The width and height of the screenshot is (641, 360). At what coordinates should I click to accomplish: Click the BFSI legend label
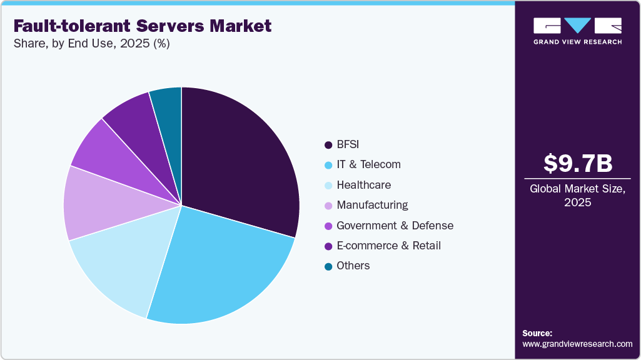pyautogui.click(x=349, y=145)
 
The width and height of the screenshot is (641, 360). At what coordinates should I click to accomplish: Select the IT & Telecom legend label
pyautogui.click(x=368, y=165)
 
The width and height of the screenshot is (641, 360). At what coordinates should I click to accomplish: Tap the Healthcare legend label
pyautogui.click(x=363, y=185)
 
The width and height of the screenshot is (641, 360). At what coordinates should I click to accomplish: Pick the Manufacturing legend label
pyautogui.click(x=372, y=205)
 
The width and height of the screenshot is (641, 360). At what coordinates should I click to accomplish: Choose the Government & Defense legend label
pyautogui.click(x=395, y=226)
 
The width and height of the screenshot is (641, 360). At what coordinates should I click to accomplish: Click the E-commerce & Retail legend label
pyautogui.click(x=388, y=246)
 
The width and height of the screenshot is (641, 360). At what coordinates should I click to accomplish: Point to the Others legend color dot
pyautogui.click(x=328, y=266)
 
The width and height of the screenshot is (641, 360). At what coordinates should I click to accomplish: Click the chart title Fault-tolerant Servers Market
pyautogui.click(x=143, y=26)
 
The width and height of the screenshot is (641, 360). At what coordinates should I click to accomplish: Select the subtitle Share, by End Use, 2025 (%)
pyautogui.click(x=91, y=44)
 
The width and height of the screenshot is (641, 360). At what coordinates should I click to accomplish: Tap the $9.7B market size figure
pyautogui.click(x=577, y=164)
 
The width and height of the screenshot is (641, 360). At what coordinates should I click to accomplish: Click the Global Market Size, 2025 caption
pyautogui.click(x=577, y=196)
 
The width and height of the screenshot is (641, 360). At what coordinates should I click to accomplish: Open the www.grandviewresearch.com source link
pyautogui.click(x=577, y=344)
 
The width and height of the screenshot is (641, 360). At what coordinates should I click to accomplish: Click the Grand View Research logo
pyautogui.click(x=577, y=30)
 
